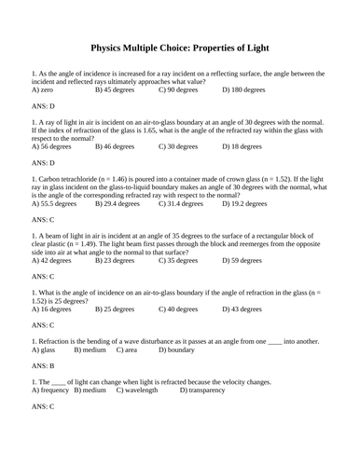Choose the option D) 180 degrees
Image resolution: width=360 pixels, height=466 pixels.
click(244, 91)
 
